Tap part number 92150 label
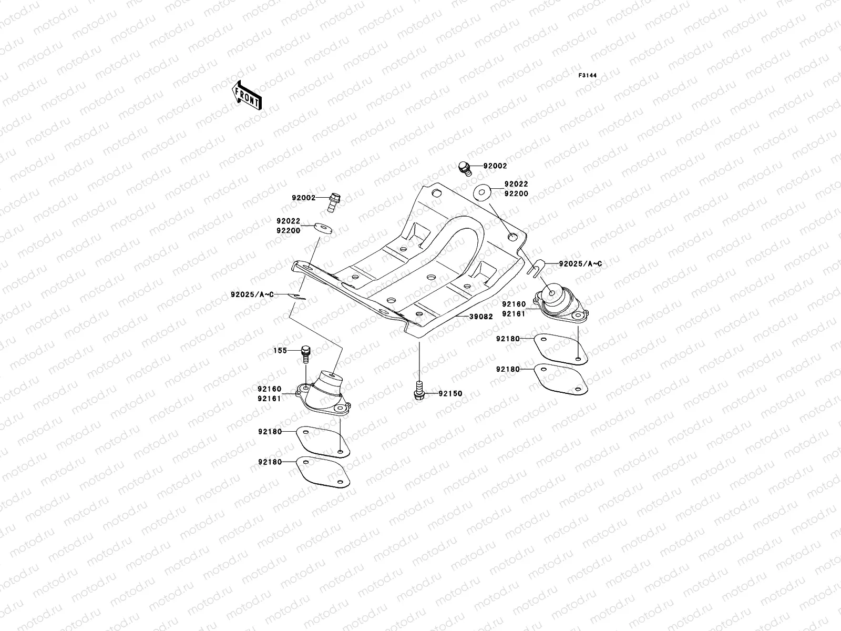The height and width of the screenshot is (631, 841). pyautogui.click(x=451, y=393)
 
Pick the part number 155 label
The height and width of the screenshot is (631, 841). pyautogui.click(x=280, y=351)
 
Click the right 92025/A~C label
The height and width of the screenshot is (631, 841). pyautogui.click(x=580, y=264)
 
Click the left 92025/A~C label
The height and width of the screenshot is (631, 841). pyautogui.click(x=252, y=295)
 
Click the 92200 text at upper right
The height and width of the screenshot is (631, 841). pyautogui.click(x=516, y=194)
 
